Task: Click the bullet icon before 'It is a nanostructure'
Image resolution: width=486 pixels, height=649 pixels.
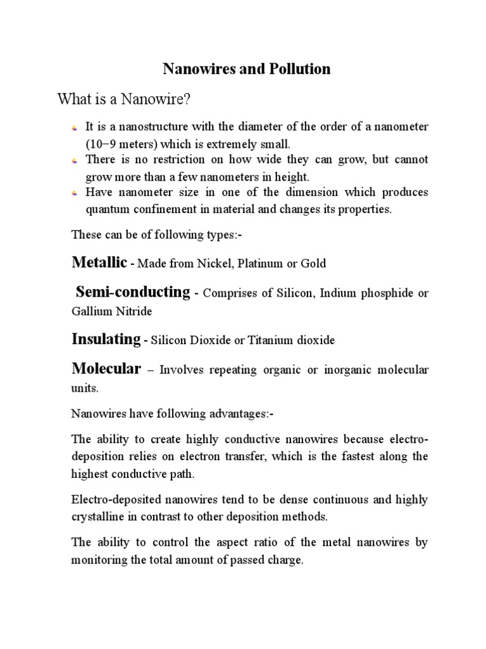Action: [x=75, y=128]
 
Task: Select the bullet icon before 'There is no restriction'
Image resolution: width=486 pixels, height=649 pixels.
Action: [x=75, y=160]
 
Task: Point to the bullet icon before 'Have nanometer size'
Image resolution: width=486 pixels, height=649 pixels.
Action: [x=75, y=193]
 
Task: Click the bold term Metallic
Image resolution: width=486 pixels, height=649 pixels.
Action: [x=99, y=262]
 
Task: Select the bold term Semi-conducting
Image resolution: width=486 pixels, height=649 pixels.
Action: [x=133, y=292]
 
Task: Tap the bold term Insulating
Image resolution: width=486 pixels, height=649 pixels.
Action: [x=106, y=339]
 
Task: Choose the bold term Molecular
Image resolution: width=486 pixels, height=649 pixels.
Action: [x=106, y=369]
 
